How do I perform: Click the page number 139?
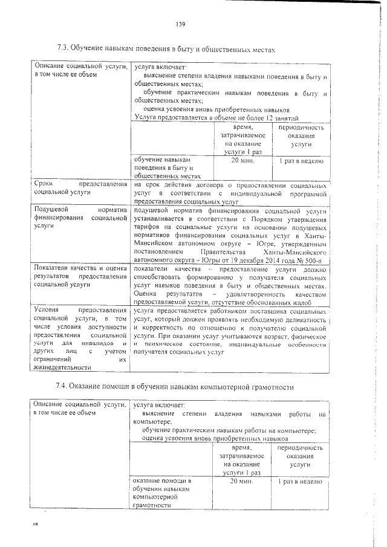click(x=180, y=24)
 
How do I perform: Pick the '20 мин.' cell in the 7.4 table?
click(x=241, y=481)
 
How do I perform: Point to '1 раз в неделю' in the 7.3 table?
click(x=301, y=161)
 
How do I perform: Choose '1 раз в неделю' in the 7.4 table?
click(x=301, y=481)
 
